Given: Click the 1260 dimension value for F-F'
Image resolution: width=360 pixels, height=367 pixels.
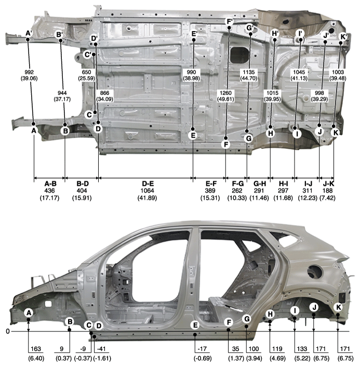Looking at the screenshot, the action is (225, 93).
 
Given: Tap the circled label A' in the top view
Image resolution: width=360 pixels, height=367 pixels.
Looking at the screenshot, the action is (29, 33).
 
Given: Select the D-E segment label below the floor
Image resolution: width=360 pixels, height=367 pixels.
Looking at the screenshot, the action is (148, 184).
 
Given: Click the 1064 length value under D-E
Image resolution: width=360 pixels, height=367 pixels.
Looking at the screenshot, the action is (148, 191).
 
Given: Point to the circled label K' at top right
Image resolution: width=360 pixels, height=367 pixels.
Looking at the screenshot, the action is (343, 37).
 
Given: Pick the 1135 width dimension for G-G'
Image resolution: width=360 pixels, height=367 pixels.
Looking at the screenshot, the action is (249, 72).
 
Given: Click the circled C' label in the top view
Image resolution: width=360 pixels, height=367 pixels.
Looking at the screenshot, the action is (88, 55).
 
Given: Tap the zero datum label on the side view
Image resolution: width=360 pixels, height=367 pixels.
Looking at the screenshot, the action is (8, 331).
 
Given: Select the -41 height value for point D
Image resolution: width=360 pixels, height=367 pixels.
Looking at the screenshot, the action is (101, 349).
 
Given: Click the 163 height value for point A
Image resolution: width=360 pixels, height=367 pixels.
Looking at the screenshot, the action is (36, 349).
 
